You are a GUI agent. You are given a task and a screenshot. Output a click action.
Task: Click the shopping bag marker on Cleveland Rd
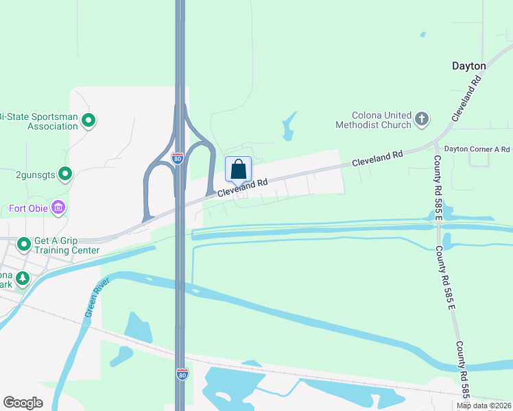tap(238, 169)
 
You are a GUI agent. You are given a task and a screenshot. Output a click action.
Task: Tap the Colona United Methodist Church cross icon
tap(422, 120)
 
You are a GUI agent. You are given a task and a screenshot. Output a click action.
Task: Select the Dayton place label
tap(468, 66)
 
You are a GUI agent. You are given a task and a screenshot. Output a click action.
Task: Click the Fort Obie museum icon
tap(58, 207)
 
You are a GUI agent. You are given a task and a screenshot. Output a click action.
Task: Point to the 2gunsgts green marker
tap(65, 174)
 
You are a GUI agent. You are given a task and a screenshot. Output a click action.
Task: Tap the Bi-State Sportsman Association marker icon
tap(88, 121)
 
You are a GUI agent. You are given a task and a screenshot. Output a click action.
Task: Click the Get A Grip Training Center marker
tap(23, 243)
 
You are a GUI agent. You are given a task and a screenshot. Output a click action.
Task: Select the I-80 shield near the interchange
tap(178, 158)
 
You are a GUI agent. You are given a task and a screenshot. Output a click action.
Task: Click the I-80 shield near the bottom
tap(181, 375)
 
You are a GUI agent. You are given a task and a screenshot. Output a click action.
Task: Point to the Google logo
tap(23, 403)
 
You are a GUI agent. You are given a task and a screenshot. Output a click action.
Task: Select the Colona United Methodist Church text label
tap(373, 120)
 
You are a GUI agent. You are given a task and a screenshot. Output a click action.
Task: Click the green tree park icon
tap(23, 277)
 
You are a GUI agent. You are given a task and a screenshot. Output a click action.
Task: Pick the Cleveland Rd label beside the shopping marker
tap(242, 188)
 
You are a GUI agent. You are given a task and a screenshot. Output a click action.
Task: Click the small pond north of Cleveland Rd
tap(289, 127)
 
